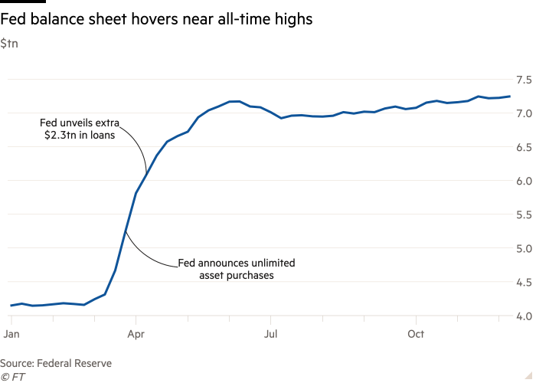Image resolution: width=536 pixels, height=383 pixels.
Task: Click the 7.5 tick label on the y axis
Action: pyautogui.click(x=524, y=80)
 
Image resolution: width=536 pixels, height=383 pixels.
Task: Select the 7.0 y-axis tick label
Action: pyautogui.click(x=524, y=113)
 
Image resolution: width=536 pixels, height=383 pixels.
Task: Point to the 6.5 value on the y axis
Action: pyautogui.click(x=524, y=147)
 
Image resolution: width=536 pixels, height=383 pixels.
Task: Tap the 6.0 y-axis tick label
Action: pyautogui.click(x=524, y=181)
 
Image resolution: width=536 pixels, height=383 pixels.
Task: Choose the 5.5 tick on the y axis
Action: pyautogui.click(x=524, y=214)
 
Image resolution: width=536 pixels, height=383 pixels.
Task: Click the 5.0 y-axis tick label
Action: pyautogui.click(x=524, y=248)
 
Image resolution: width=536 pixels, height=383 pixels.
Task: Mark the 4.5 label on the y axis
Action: pyautogui.click(x=524, y=282)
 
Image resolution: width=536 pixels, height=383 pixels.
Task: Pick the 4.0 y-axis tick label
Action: pyautogui.click(x=524, y=316)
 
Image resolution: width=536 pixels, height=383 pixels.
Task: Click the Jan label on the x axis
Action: pyautogui.click(x=11, y=335)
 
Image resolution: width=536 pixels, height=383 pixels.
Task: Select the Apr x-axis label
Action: pyautogui.click(x=136, y=335)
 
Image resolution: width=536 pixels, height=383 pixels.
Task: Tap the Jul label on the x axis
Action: pyautogui.click(x=270, y=335)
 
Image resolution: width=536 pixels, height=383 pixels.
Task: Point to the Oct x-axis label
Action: pyautogui.click(x=415, y=335)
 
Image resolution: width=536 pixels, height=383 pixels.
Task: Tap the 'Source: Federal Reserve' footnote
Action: pyautogui.click(x=56, y=364)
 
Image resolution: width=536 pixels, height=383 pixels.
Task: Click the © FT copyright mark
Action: pyautogui.click(x=12, y=377)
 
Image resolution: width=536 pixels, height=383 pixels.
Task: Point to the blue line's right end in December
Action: pyautogui.click(x=510, y=97)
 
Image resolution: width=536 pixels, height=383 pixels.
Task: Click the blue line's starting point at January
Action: pyautogui.click(x=11, y=306)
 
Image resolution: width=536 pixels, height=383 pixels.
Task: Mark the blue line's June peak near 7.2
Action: pyautogui.click(x=237, y=101)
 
